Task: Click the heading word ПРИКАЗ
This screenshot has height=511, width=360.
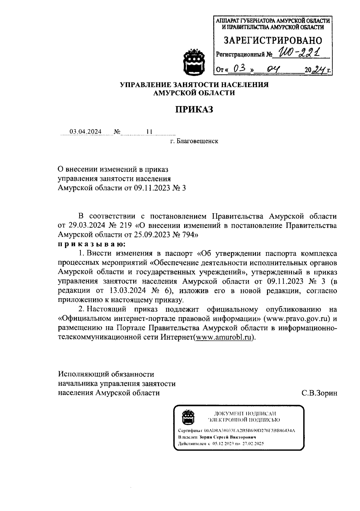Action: coord(194,109)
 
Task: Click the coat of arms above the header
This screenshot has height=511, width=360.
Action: coord(194,62)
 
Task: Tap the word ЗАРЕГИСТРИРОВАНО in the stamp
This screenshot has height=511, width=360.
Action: coord(273,40)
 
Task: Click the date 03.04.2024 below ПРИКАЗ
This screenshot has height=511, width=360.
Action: coord(85,132)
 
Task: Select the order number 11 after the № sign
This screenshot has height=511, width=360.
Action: coord(149,132)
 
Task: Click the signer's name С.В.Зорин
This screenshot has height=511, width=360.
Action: coord(319,393)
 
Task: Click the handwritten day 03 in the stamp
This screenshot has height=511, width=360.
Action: coord(240,69)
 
